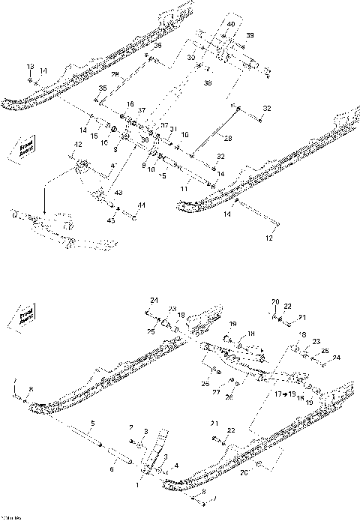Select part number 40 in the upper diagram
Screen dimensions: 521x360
point(231,24)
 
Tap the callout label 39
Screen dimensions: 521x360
point(250,36)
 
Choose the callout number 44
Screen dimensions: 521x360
point(142,204)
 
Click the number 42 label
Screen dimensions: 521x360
point(76,144)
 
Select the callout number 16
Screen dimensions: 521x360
point(130,104)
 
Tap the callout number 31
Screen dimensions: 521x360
point(173,129)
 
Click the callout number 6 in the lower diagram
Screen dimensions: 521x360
point(112,469)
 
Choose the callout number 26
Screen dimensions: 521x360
point(231,397)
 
